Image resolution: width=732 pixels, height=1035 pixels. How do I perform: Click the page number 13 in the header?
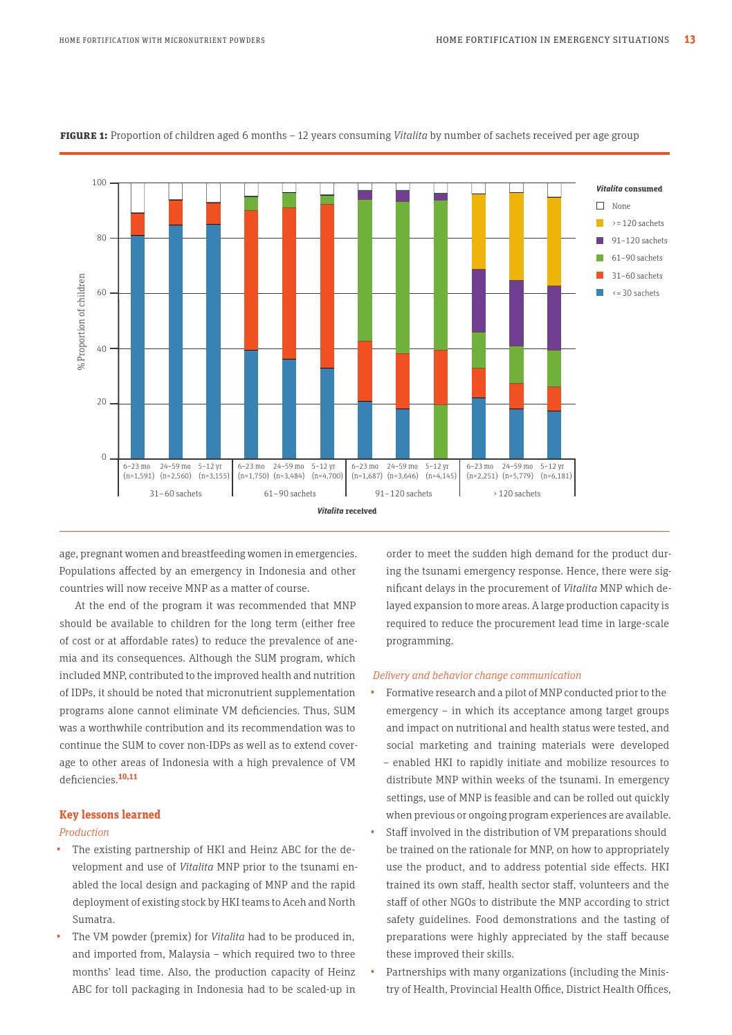pos(689,40)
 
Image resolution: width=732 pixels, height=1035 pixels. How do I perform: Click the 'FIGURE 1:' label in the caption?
pos(84,136)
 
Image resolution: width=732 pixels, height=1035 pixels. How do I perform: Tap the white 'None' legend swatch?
pos(600,206)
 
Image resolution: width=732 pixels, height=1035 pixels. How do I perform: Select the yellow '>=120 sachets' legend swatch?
pos(600,223)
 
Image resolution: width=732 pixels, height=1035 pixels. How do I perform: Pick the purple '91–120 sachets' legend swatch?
pos(600,241)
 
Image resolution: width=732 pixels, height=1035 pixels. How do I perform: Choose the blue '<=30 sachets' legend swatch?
pos(600,293)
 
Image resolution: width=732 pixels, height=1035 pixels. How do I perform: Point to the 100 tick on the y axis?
pos(100,183)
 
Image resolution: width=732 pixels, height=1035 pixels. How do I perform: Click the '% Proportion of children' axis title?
pos(82,321)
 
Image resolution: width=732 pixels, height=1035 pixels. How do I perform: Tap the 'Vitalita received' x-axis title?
pos(347,512)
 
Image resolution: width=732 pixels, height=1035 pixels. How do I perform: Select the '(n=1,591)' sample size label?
pos(138,476)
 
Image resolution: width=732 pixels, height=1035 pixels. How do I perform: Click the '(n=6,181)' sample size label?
pos(556,476)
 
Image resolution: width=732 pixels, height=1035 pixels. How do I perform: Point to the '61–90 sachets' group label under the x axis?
pos(289,494)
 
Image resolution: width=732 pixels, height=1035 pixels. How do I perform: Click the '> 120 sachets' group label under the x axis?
pos(517,494)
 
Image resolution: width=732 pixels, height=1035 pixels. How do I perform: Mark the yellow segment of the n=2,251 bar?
pos(479,232)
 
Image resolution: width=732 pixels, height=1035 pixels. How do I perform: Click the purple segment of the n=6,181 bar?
pos(554,318)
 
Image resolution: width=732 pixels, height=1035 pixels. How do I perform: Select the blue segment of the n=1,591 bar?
pos(138,346)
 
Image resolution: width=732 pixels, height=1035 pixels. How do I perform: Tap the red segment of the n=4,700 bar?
pos(327,286)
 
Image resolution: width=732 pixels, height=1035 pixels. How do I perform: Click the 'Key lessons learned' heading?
pos(110,815)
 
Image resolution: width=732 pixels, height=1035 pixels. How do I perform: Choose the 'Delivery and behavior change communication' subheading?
pos(477,675)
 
